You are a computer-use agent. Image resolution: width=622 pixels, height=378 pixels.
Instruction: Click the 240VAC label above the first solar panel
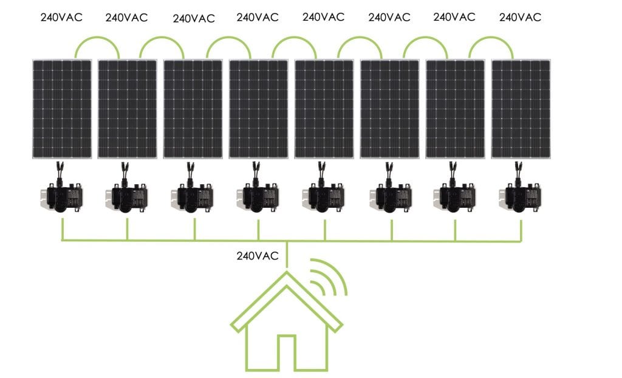[x=61, y=18]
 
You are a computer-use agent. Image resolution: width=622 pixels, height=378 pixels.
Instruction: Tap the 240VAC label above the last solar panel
[x=520, y=18]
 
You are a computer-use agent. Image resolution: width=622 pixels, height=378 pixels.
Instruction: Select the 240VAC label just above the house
[x=258, y=256]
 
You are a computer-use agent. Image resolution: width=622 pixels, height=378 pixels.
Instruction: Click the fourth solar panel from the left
[x=259, y=109]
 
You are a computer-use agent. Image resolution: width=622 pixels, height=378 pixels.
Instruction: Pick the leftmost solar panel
[x=62, y=109]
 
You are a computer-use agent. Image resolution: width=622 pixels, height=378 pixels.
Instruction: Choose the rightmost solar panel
[x=521, y=109]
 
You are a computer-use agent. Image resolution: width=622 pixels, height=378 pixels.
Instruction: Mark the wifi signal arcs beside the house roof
[x=329, y=277]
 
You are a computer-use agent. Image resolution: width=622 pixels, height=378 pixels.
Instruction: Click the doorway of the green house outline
[x=287, y=353]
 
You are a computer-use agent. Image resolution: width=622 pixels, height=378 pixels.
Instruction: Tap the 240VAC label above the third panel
[x=194, y=19]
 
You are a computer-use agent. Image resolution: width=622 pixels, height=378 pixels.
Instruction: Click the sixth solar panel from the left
[x=389, y=109]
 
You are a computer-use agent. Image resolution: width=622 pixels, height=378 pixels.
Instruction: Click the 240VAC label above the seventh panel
[x=454, y=17]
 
